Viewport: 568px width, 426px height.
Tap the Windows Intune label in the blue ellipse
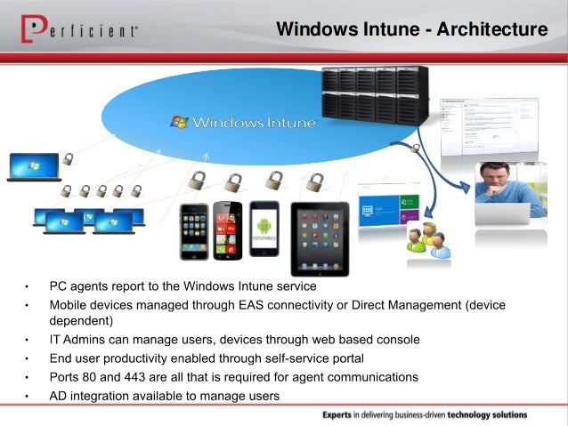[254, 122]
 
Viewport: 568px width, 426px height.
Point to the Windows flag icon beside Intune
[180, 121]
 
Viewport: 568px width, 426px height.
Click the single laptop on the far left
[33, 167]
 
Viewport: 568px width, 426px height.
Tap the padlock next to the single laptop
[68, 161]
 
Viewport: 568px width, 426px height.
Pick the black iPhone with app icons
[193, 231]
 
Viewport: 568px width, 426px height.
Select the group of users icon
[425, 237]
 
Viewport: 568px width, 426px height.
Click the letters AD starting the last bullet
[58, 396]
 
